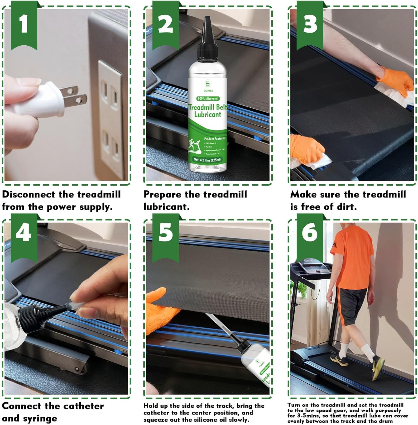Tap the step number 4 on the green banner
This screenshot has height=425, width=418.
pos(24,233)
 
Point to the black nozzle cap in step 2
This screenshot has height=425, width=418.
pos(207,40)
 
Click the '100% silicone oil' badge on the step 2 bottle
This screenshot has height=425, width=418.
pos(208,99)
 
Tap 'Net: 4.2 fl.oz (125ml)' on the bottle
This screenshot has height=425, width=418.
pos(207,160)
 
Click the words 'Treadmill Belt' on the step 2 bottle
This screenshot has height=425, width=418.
pos(208,107)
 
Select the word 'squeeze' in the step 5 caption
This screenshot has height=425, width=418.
pos(154,420)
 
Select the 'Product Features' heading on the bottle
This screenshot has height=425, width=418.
pos(215,139)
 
